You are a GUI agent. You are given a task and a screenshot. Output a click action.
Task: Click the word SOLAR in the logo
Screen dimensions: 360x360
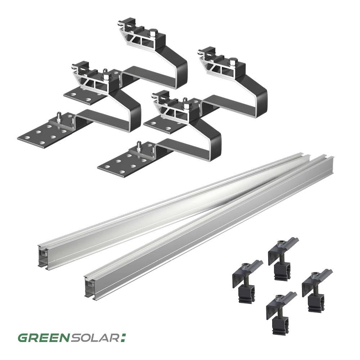95,338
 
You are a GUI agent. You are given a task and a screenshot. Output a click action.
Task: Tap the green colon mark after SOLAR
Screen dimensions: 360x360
123,338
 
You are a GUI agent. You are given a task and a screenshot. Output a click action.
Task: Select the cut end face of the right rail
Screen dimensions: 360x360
90,286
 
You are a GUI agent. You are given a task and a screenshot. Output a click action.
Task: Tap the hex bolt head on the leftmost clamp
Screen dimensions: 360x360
245,266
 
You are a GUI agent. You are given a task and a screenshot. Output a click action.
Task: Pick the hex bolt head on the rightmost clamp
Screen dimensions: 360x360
315,275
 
